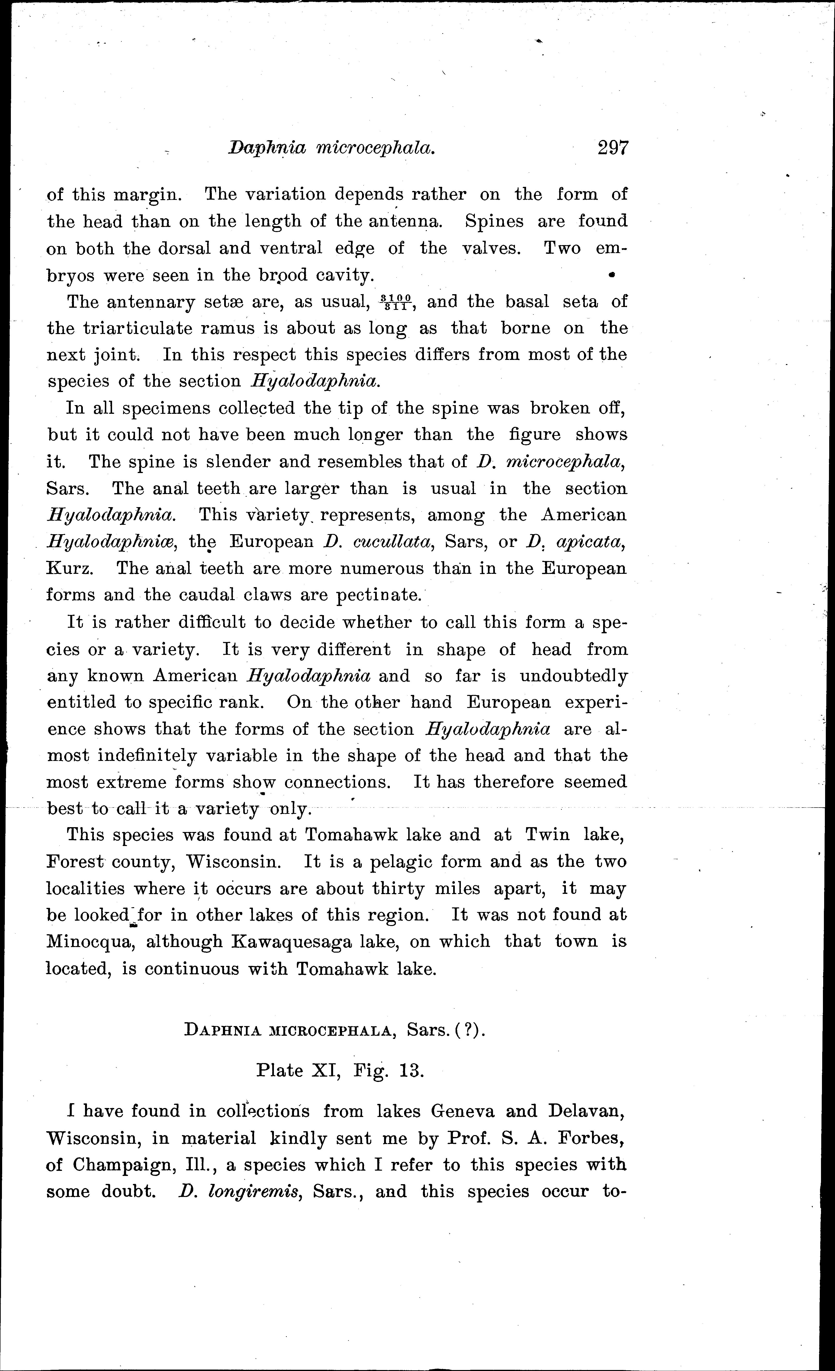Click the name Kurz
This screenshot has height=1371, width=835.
(x=69, y=569)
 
